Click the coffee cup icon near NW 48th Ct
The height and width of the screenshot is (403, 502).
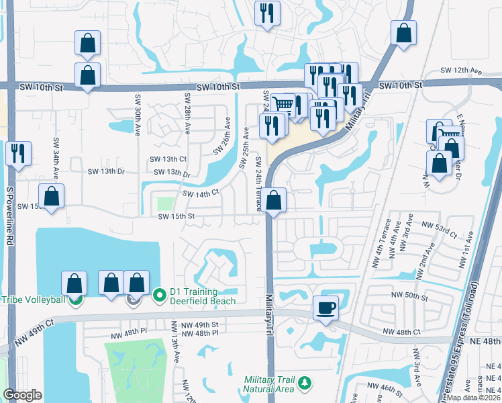[x=326, y=308]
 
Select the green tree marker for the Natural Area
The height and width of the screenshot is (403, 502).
[x=305, y=383]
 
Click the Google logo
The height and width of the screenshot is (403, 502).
[x=22, y=395]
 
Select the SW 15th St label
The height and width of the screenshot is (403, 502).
[x=176, y=216]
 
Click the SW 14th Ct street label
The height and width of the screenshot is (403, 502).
[x=201, y=193]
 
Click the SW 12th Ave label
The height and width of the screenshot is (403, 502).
[x=462, y=71]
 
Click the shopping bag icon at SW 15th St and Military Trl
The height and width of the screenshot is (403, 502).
[x=274, y=199]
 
